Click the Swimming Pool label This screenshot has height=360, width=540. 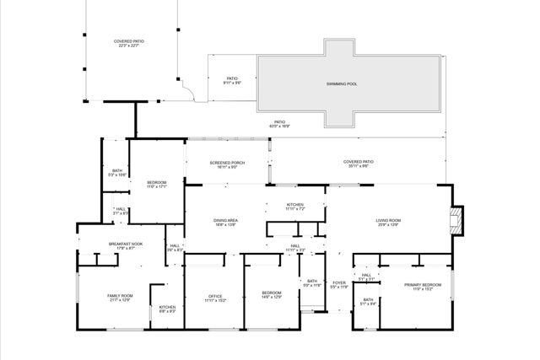pyautogui.click(x=342, y=84)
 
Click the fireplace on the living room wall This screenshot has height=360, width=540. pyautogui.click(x=456, y=221)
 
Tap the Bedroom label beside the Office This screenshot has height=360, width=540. pyautogui.click(x=272, y=294)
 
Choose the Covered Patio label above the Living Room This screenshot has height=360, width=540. pyautogui.click(x=358, y=164)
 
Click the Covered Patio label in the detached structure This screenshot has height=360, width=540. pyautogui.click(x=129, y=43)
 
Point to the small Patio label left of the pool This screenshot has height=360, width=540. pyautogui.click(x=232, y=80)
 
